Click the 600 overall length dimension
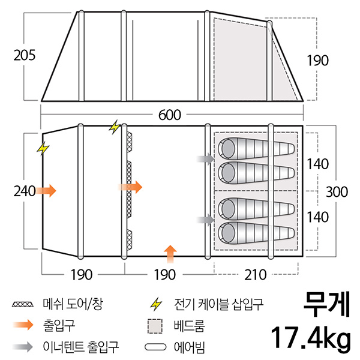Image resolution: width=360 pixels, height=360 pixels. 171,114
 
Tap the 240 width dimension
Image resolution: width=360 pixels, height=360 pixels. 23,191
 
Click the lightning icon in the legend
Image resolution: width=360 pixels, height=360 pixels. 155,304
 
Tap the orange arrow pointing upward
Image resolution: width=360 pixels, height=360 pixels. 171,251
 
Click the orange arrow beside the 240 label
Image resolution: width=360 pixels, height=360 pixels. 46,191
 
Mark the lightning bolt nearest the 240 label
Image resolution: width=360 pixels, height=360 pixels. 43,148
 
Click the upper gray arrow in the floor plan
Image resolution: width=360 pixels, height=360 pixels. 206,159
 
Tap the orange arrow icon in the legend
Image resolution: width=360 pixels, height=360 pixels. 23,326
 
